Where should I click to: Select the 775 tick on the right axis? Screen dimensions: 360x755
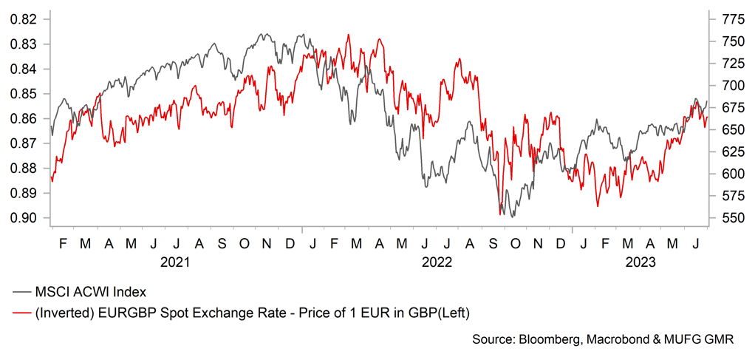(x=729, y=18)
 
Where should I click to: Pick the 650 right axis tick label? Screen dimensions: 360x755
(x=729, y=129)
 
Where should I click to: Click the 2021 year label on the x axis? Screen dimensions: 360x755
(x=175, y=262)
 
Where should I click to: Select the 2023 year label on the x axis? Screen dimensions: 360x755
(x=640, y=262)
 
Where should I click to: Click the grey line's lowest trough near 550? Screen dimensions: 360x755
(x=511, y=217)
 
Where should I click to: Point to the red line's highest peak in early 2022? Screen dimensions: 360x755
(x=348, y=35)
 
